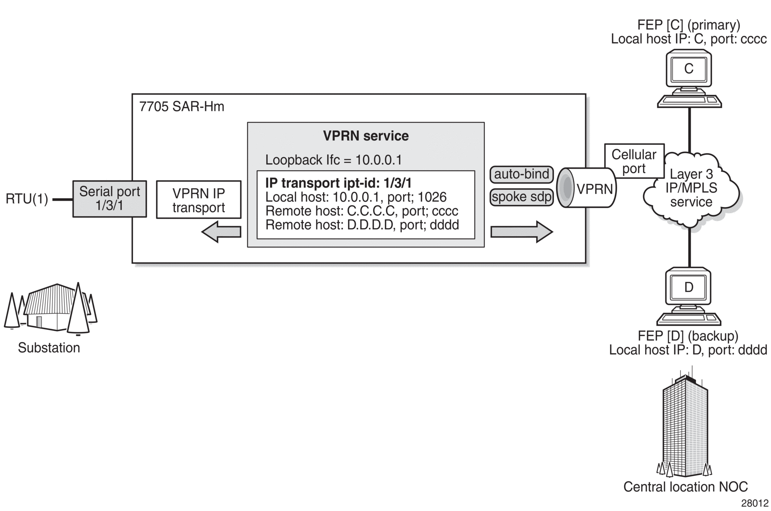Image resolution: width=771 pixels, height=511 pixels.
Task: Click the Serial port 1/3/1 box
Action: pos(110,199)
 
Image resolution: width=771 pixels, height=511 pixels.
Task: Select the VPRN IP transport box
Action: pos(199,199)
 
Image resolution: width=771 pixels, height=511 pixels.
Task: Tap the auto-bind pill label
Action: pos(522,174)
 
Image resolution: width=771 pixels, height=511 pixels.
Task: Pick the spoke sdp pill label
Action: pos(522,197)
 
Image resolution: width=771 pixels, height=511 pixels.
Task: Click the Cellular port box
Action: pos(634,161)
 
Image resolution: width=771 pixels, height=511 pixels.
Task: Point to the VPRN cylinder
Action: pos(587,188)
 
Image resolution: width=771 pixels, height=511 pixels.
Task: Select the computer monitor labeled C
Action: pos(689,69)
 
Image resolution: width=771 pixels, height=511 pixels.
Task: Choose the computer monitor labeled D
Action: pos(689,288)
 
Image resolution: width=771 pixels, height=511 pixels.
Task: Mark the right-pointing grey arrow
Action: pos(522,232)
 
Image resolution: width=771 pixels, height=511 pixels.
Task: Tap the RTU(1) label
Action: pos(27,199)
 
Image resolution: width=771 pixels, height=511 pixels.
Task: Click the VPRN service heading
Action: pos(366,136)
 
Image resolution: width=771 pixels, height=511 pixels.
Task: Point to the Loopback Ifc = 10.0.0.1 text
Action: pos(333,160)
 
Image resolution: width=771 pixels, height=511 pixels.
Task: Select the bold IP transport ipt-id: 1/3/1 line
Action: pos(338,183)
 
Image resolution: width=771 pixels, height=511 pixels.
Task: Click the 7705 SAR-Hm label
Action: pos(181,107)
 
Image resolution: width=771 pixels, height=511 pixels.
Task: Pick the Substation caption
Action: pos(49,347)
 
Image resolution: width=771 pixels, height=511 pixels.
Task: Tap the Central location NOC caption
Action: pos(685,487)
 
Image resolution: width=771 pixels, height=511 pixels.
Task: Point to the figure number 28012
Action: pos(755,503)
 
